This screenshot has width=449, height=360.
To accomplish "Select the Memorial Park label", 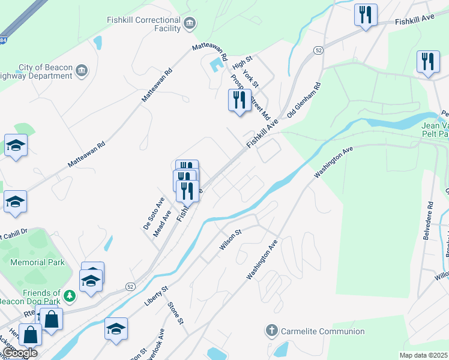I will point(37,262).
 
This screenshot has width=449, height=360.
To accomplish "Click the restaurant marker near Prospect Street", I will point(240,100).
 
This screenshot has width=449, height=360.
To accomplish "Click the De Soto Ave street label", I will point(153,213).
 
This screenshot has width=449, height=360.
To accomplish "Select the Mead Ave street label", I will point(162,223).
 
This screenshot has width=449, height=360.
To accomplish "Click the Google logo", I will point(19,353).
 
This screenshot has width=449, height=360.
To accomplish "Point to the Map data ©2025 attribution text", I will point(424,356).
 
